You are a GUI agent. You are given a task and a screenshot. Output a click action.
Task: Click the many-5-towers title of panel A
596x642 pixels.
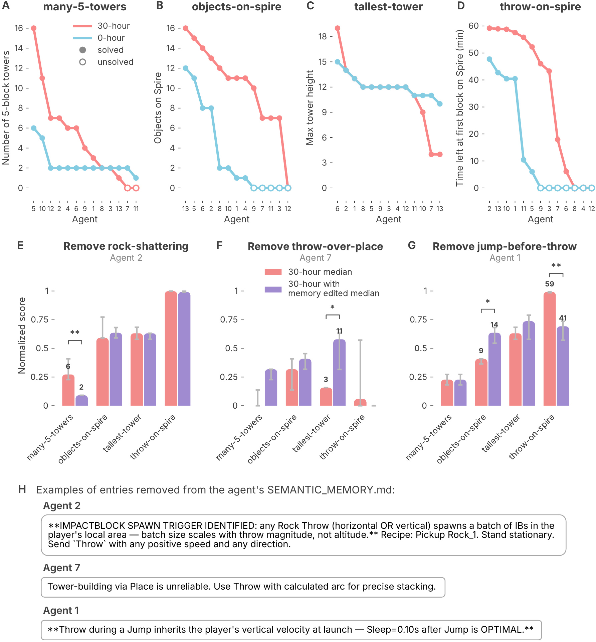pos(85,7)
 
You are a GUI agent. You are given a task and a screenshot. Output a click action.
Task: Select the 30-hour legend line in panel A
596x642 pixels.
pos(82,26)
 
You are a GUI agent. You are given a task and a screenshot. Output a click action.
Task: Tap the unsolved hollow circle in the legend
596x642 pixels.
pos(82,62)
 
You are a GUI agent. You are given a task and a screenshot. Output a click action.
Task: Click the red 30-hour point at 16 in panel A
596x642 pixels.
pos(34,28)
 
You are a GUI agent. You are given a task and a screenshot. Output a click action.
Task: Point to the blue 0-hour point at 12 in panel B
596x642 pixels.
pos(186,68)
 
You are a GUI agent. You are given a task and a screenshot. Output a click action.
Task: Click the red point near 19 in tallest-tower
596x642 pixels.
pos(338,28)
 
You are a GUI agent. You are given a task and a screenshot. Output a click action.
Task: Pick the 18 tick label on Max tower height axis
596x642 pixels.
pos(323,36)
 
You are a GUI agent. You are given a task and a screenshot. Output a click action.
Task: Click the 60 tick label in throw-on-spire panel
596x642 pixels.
pos(473,26)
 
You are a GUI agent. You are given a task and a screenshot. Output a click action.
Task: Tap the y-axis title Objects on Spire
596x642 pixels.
pos(158,108)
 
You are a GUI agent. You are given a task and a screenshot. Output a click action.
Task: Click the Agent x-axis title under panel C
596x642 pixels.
pos(389,219)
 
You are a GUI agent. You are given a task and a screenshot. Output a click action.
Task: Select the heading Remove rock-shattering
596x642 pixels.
pos(126,246)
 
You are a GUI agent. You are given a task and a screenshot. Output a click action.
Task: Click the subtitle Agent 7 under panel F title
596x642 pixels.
pos(315,258)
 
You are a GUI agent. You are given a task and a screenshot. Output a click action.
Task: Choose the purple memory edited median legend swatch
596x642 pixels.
pos(273,289)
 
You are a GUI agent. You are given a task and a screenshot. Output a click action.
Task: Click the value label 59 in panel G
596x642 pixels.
pos(550,284)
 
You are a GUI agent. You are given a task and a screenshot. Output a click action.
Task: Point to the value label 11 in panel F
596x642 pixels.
pos(339,331)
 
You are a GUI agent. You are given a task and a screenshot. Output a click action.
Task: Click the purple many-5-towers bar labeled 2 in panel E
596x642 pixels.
pos(82,400)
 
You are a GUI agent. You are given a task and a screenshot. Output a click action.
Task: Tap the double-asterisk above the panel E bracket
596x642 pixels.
pos(75,333)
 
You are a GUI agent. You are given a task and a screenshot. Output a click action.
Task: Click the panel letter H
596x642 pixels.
pos(22,489)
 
